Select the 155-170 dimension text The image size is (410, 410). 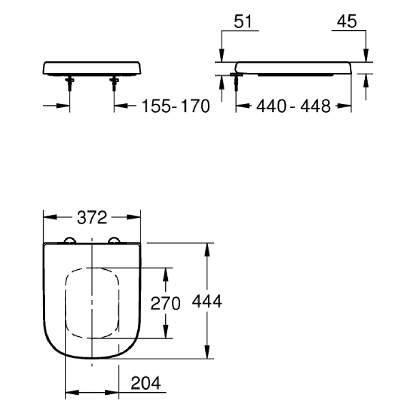click(176, 106)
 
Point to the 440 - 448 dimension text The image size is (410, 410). click(293, 106)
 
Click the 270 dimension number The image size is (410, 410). click(165, 303)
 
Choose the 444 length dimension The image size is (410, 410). click(207, 301)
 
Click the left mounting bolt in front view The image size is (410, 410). click(70, 84)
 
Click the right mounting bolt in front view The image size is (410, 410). click(114, 84)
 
